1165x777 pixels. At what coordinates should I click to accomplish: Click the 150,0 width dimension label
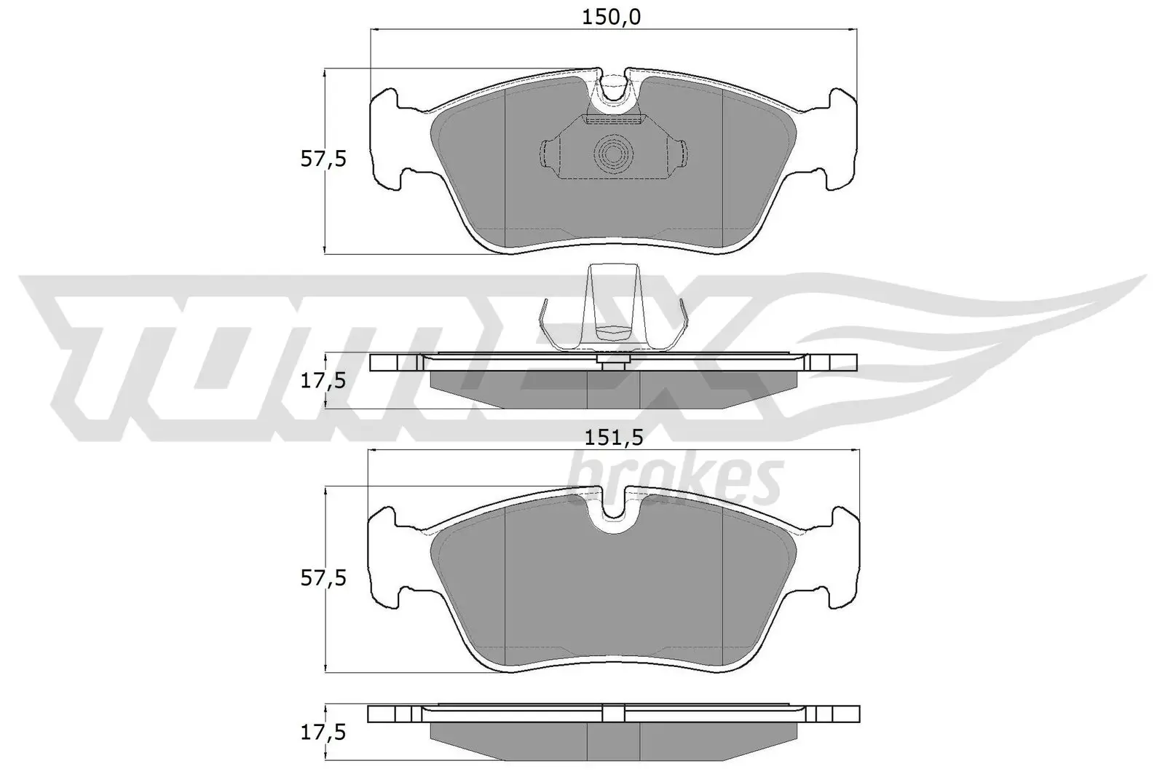(611, 17)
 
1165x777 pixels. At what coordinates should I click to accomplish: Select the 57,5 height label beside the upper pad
(323, 159)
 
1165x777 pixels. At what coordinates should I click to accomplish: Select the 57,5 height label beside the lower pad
(323, 579)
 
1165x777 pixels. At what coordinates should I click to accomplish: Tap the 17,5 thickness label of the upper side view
(323, 380)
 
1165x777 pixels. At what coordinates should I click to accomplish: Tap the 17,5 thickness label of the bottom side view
(323, 732)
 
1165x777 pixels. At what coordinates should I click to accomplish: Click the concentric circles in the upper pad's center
(612, 154)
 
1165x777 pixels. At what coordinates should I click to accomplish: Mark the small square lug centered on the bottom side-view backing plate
(613, 713)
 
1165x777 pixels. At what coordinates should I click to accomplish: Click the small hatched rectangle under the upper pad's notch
(612, 119)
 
